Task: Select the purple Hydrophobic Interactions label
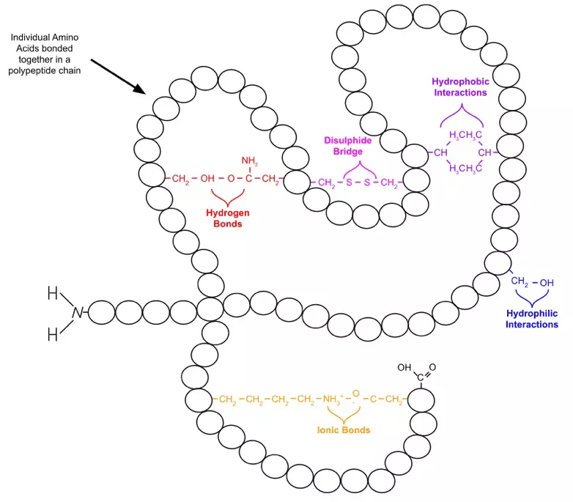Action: tap(459, 86)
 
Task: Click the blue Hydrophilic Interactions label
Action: tap(532, 319)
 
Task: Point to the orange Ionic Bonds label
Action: tap(343, 430)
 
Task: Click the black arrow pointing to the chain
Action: tap(118, 76)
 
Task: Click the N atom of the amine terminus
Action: tap(77, 313)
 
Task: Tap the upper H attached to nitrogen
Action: tap(52, 294)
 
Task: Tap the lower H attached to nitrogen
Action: tap(52, 335)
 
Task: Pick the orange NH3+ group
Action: tap(329, 399)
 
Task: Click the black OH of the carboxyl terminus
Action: tap(404, 367)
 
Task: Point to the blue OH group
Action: tap(547, 282)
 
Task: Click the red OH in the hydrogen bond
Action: tap(208, 178)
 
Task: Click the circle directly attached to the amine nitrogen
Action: tap(101, 311)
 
